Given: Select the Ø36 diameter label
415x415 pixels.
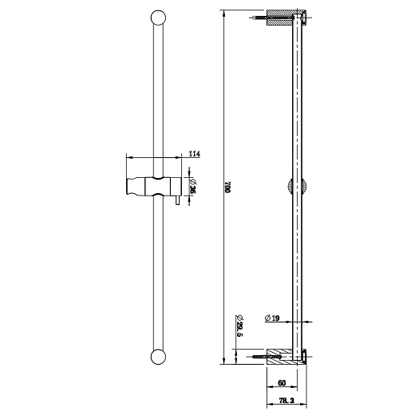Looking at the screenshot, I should (194, 186).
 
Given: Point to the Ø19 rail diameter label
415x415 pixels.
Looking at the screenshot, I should (274, 320).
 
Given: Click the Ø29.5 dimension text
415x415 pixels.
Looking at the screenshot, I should (239, 326).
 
